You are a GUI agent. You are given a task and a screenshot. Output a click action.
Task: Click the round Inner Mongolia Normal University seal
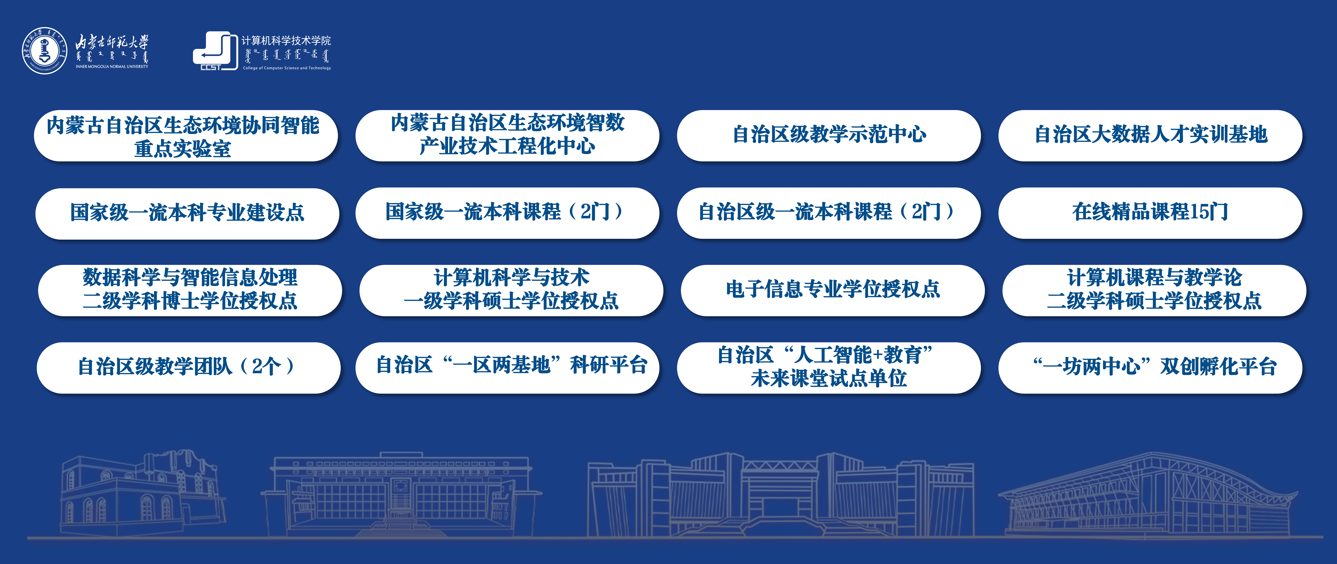click(x=45, y=50)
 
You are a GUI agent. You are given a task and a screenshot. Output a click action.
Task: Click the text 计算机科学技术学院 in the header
click(x=286, y=41)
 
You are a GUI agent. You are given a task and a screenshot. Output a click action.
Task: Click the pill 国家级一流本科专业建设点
click(x=187, y=213)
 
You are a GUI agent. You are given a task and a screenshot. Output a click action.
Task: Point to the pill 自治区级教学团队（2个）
click(x=188, y=367)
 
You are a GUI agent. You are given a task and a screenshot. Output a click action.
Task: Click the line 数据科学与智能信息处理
click(x=190, y=277)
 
